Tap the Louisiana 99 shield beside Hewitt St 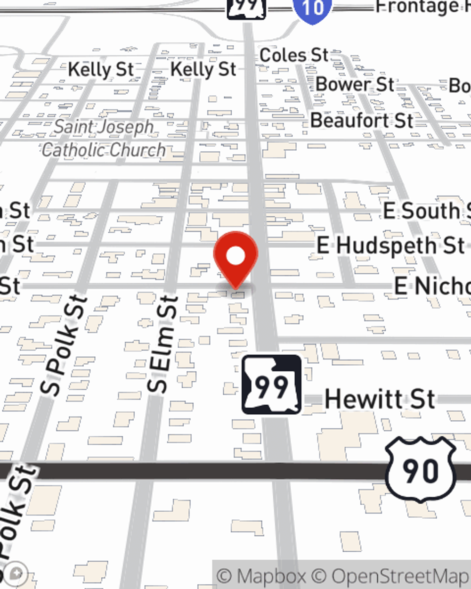coord(271,385)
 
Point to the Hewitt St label coord(380,400)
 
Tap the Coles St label coord(294,55)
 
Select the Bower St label coord(355,85)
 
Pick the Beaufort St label coord(362,121)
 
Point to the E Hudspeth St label coord(390,245)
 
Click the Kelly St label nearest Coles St coord(203,70)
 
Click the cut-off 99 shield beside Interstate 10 coord(246,7)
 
